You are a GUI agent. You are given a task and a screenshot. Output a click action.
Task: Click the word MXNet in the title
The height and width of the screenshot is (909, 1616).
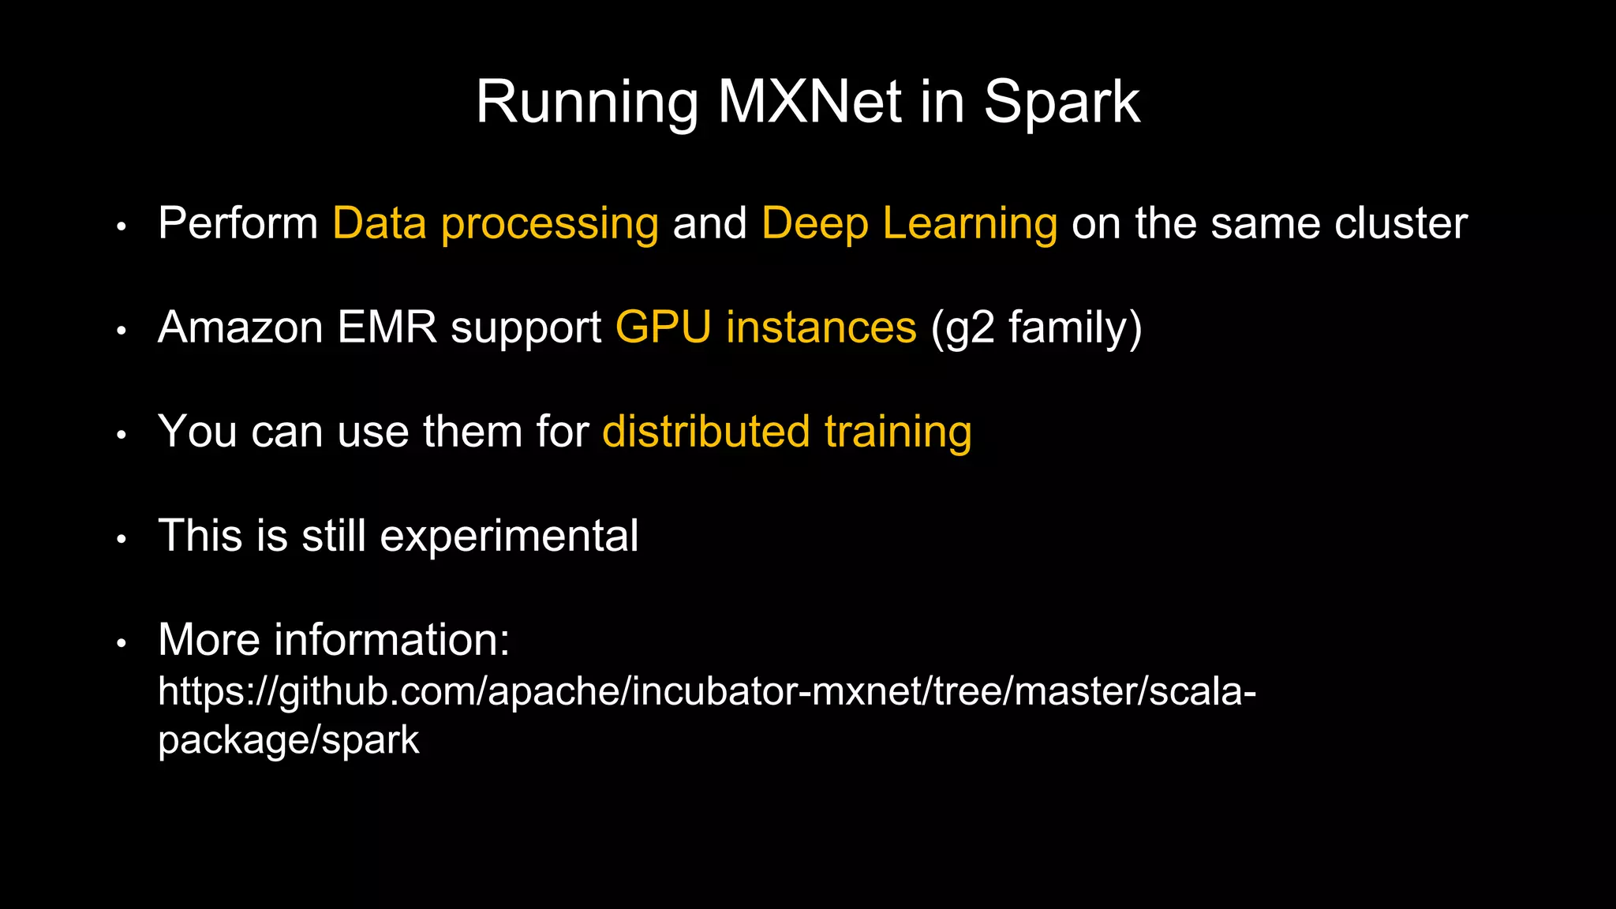[809, 102]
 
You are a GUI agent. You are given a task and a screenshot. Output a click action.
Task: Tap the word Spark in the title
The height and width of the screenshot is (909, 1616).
[1061, 102]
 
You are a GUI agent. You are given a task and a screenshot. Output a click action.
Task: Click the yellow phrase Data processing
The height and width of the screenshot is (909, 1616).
[496, 223]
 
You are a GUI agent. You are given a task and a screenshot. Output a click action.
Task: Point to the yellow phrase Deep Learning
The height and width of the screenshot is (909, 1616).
[909, 223]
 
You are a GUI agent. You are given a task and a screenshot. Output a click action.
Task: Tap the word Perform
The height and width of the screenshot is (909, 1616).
[238, 223]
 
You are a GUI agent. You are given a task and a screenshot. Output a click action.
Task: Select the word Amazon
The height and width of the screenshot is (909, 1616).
[240, 327]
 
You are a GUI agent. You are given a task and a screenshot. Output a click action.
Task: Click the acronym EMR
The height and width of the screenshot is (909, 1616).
[387, 327]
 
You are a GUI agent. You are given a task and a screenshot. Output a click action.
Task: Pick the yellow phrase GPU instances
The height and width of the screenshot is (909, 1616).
[765, 327]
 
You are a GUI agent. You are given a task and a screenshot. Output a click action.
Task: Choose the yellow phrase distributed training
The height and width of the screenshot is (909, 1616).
[787, 432]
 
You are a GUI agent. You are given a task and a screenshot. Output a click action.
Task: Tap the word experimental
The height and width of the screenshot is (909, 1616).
[509, 536]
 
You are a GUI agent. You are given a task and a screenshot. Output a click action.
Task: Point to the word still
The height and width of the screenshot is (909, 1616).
[334, 536]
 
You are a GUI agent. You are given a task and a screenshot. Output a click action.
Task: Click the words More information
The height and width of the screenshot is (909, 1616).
[334, 639]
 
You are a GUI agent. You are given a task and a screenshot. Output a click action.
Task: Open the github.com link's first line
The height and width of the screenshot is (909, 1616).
[706, 691]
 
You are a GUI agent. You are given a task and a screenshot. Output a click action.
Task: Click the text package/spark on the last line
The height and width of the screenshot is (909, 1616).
[288, 740]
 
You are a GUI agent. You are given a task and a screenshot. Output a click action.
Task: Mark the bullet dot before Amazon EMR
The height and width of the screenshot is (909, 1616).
[121, 331]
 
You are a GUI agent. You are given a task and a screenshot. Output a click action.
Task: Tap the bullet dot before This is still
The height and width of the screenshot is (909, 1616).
[121, 540]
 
